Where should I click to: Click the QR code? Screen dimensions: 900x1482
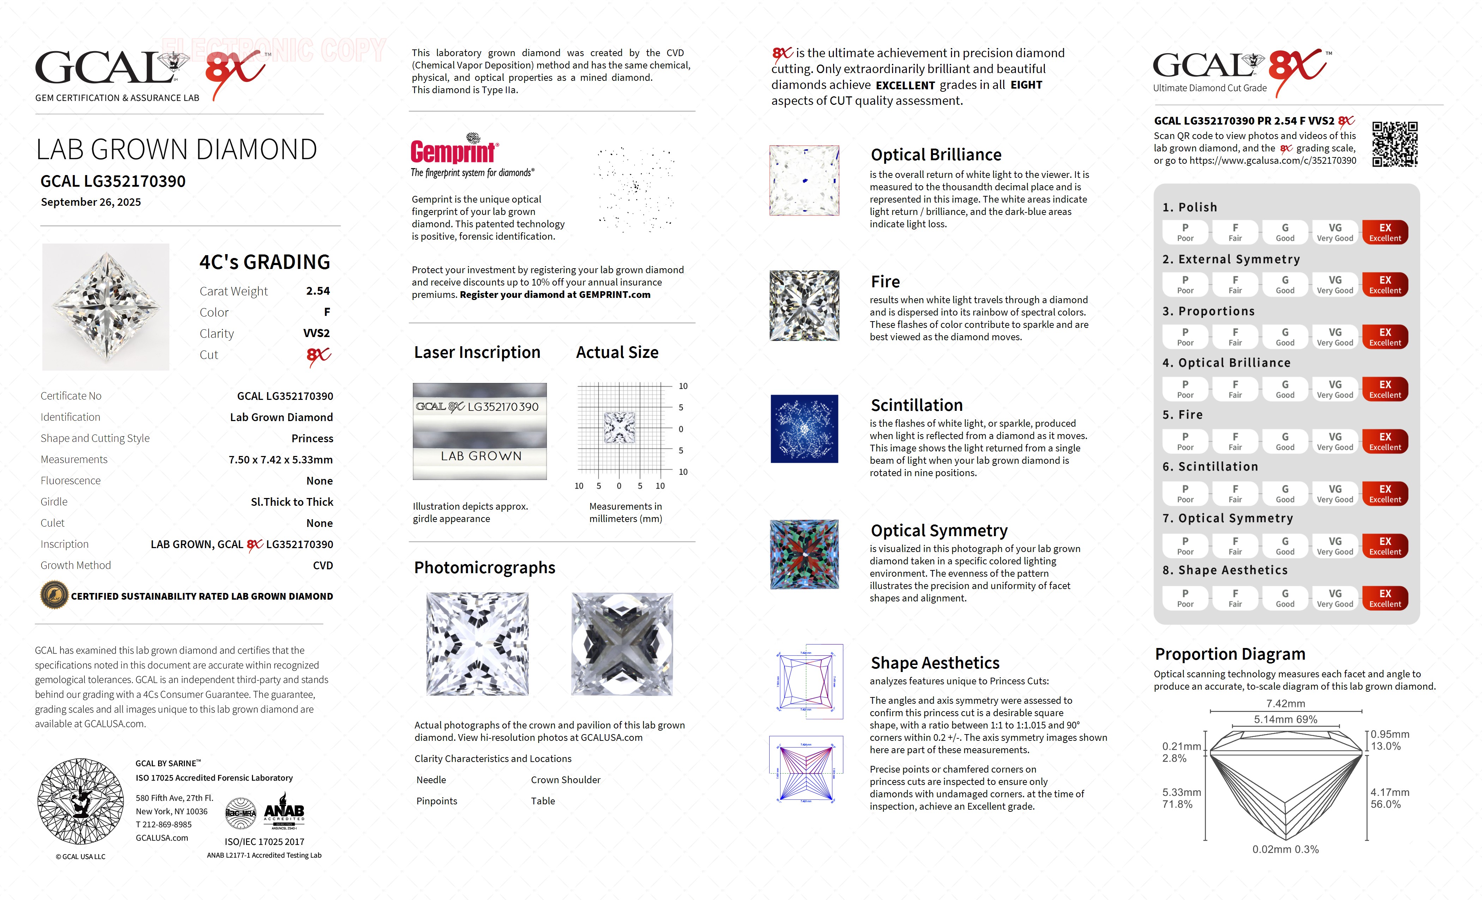tap(1395, 144)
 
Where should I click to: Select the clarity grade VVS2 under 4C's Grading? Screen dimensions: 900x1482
tap(317, 333)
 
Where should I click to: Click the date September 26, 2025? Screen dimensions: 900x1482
tap(91, 202)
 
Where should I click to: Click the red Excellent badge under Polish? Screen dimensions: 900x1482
tap(1385, 232)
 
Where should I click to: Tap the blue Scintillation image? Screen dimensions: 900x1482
tap(804, 429)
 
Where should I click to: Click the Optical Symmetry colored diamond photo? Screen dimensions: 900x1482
tap(804, 554)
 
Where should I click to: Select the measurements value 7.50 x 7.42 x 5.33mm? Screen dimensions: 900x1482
tap(280, 460)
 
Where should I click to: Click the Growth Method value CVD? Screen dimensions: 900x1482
tap(323, 565)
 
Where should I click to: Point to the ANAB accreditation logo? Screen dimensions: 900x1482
tap(284, 815)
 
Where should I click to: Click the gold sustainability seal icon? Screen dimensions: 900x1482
tap(54, 596)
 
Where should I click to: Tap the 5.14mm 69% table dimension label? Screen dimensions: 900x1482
tap(1285, 720)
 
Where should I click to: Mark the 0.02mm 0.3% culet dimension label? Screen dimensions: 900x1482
tap(1285, 850)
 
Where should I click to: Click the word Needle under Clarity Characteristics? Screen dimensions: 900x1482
tap(431, 780)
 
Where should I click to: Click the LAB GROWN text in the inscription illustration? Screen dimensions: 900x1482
tap(481, 456)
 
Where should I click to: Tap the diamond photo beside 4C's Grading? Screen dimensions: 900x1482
tap(106, 307)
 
